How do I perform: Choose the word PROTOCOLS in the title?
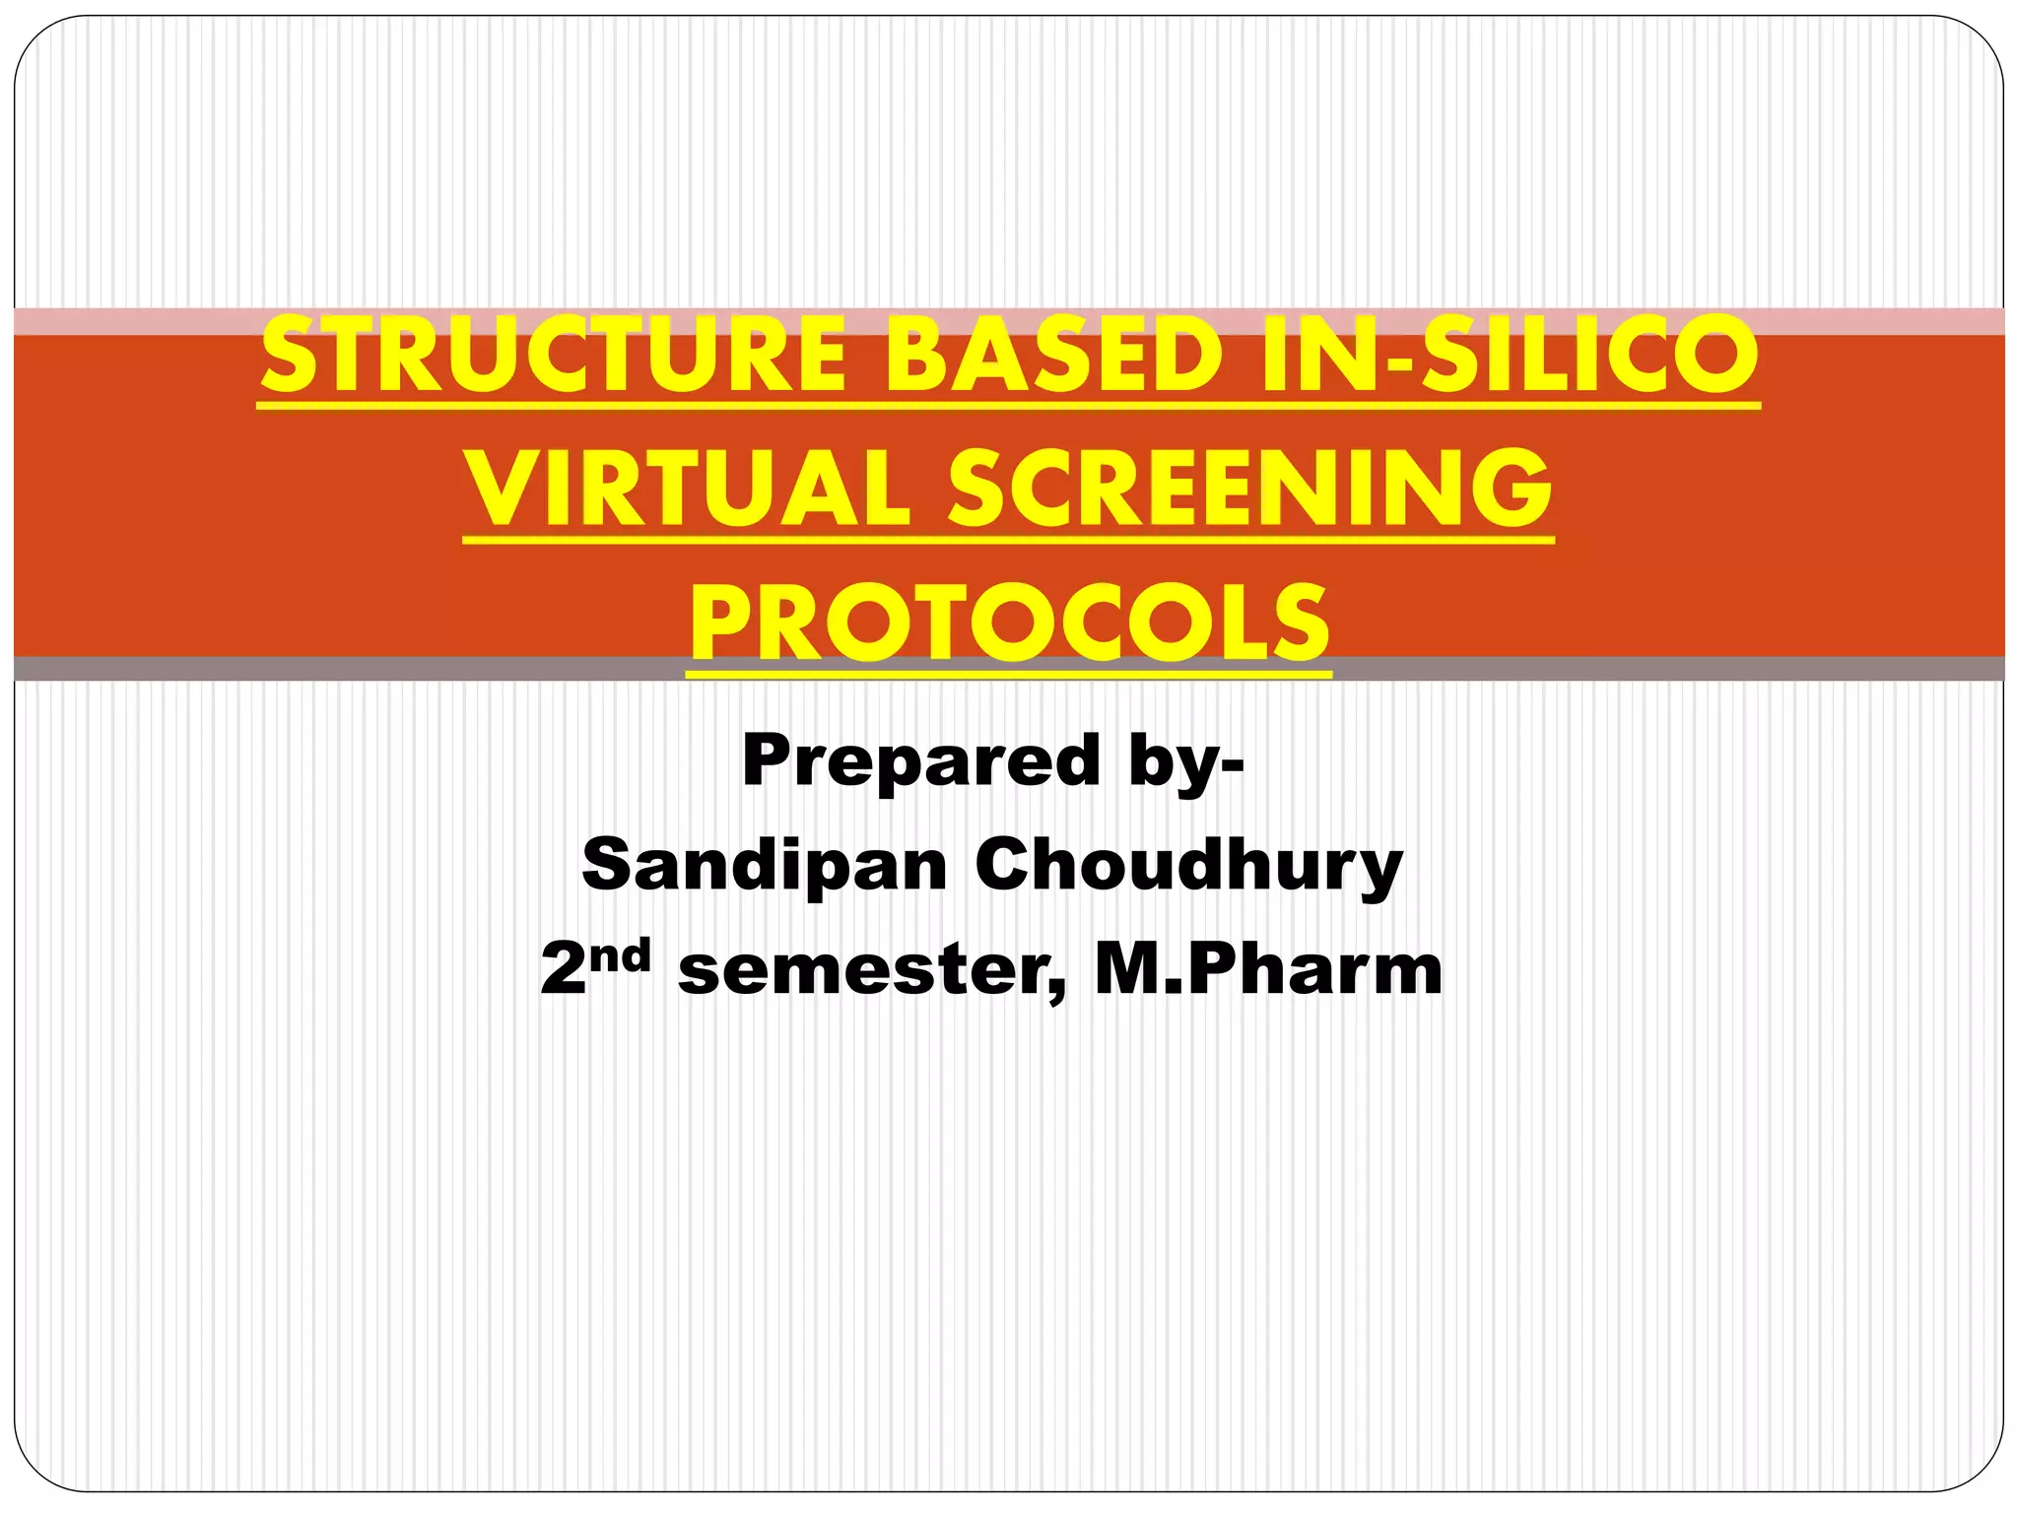point(1009,623)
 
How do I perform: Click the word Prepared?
point(920,760)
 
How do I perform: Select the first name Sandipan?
point(764,865)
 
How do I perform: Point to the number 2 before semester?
point(563,970)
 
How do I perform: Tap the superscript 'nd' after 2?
point(623,954)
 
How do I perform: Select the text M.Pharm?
point(1268,970)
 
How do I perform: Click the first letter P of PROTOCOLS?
point(717,623)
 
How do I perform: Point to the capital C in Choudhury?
point(1007,865)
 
